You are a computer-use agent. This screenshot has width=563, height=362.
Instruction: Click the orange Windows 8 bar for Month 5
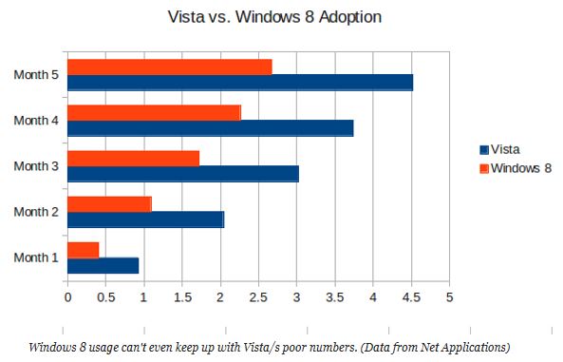coord(170,67)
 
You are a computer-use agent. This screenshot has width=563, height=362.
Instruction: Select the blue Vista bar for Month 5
coord(240,83)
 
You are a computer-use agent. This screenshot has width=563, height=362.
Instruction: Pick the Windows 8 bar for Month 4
coord(154,113)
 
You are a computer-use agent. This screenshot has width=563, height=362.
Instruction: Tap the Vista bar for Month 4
coord(211,128)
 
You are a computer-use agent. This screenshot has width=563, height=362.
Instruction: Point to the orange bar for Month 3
coord(133,159)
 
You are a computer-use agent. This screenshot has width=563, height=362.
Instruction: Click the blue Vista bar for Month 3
coord(183,174)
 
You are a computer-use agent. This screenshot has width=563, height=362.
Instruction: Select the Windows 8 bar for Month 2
coord(109,204)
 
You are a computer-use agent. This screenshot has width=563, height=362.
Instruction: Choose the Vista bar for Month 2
coord(146,219)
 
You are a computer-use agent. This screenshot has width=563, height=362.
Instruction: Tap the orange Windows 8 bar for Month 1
coord(84,250)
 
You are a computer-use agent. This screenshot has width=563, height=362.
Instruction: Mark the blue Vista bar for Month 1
coord(103,266)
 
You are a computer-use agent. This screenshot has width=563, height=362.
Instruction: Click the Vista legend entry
coord(499,149)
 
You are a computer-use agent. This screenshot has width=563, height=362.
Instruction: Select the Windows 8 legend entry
coord(516,168)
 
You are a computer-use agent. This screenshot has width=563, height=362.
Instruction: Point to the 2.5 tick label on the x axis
coord(258,297)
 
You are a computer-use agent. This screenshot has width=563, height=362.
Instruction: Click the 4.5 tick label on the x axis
coord(411,297)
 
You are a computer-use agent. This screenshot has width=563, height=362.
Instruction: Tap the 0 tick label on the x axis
coord(67,297)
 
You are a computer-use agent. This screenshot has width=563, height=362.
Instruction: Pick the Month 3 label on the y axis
coord(36,166)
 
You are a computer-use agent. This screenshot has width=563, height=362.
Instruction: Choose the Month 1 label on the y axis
coord(36,257)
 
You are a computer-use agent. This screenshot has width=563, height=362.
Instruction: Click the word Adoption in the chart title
coord(349,17)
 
